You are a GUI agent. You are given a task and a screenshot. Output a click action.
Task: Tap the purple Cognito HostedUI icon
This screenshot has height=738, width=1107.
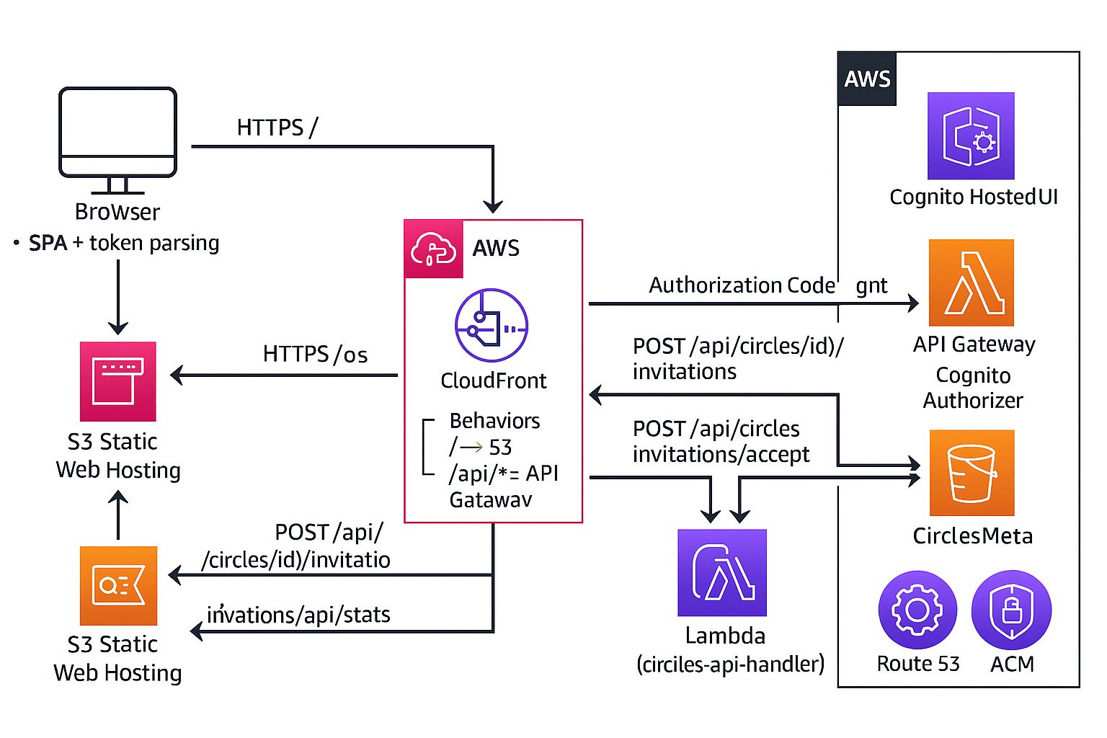(x=971, y=135)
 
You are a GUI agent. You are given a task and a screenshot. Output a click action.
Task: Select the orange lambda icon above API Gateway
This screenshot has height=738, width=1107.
(x=971, y=283)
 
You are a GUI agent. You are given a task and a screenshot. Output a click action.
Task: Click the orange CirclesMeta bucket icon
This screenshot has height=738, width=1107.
(x=972, y=473)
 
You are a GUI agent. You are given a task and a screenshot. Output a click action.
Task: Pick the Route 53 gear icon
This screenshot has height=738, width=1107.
(x=917, y=610)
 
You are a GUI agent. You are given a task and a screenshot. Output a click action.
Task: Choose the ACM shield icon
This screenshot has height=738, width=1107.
(x=1011, y=610)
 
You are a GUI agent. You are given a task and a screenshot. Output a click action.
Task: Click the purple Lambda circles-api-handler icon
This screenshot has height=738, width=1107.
(x=722, y=573)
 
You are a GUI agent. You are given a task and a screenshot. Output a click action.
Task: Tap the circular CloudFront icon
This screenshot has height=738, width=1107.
(x=492, y=325)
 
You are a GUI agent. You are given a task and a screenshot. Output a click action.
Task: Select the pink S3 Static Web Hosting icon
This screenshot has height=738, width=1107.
(x=118, y=381)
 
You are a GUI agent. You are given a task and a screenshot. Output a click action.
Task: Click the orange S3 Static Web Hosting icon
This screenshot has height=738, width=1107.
(x=118, y=585)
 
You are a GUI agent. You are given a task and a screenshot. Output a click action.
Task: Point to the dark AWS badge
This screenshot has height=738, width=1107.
(x=867, y=79)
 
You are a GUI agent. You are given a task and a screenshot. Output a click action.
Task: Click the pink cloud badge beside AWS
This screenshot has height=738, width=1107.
(x=433, y=249)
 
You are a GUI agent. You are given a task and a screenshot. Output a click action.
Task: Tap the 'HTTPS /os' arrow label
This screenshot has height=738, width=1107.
(x=315, y=355)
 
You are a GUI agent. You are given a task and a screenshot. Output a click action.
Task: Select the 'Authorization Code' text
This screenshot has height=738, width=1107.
(x=742, y=285)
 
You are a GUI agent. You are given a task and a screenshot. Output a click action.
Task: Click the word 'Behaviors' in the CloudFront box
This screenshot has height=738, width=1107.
(x=494, y=421)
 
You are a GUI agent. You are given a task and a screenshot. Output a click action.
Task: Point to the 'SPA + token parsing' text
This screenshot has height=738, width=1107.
(x=123, y=244)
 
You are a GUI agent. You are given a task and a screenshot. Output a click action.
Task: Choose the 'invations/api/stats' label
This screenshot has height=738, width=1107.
(x=298, y=615)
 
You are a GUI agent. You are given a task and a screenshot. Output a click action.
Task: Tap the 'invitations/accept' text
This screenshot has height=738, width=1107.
(x=721, y=455)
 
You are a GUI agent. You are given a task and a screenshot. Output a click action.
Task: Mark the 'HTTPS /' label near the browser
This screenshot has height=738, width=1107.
(x=277, y=128)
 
